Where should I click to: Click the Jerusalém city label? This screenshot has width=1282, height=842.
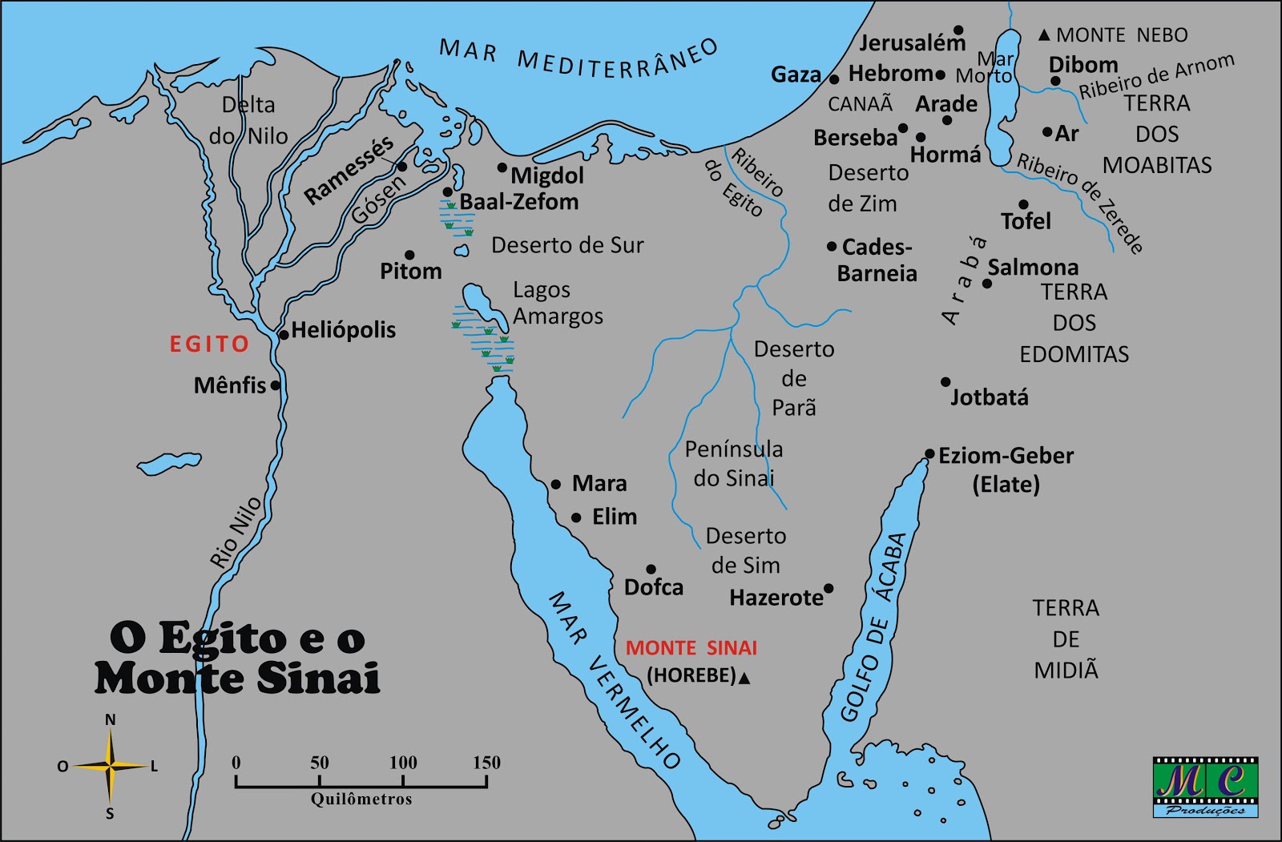[x=912, y=43]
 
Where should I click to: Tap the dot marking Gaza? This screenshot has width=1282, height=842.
[x=834, y=79]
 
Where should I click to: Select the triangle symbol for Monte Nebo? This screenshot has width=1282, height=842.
[x=1044, y=35]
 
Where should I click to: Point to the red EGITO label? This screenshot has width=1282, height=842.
[x=209, y=344]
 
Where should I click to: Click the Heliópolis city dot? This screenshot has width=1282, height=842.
[x=283, y=335]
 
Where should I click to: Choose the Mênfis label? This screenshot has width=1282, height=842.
[x=229, y=385]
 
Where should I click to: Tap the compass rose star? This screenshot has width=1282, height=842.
[x=111, y=767]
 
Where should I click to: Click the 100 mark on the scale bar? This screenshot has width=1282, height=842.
[x=403, y=763]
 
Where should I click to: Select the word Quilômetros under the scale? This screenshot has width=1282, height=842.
[x=361, y=800]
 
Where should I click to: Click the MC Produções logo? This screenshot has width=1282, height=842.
[x=1205, y=787]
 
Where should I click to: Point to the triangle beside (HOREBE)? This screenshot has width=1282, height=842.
[x=744, y=679]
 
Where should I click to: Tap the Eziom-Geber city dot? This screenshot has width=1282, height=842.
[x=929, y=454]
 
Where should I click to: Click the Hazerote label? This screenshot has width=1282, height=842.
[x=776, y=598]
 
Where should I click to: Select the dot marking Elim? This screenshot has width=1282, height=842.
[x=576, y=518]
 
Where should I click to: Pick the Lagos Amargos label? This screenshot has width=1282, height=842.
[x=558, y=303]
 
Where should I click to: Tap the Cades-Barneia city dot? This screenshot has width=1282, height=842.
[x=832, y=247]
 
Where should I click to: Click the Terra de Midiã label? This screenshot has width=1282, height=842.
[x=1066, y=639]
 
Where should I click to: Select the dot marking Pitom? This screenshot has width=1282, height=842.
[x=409, y=255]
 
